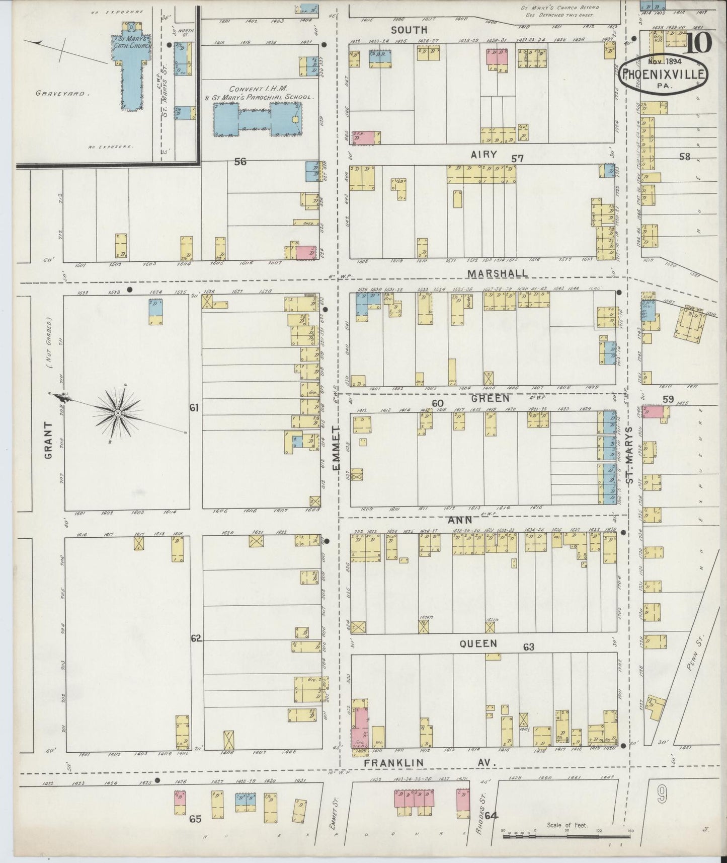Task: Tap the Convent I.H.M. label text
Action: pyautogui.click(x=258, y=89)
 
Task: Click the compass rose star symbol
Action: pyautogui.click(x=118, y=413)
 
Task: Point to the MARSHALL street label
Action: pyautogui.click(x=498, y=273)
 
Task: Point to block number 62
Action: pyautogui.click(x=196, y=638)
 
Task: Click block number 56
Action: pyautogui.click(x=240, y=162)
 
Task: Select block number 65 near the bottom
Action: pyautogui.click(x=195, y=819)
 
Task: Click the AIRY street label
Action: pyautogui.click(x=483, y=155)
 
